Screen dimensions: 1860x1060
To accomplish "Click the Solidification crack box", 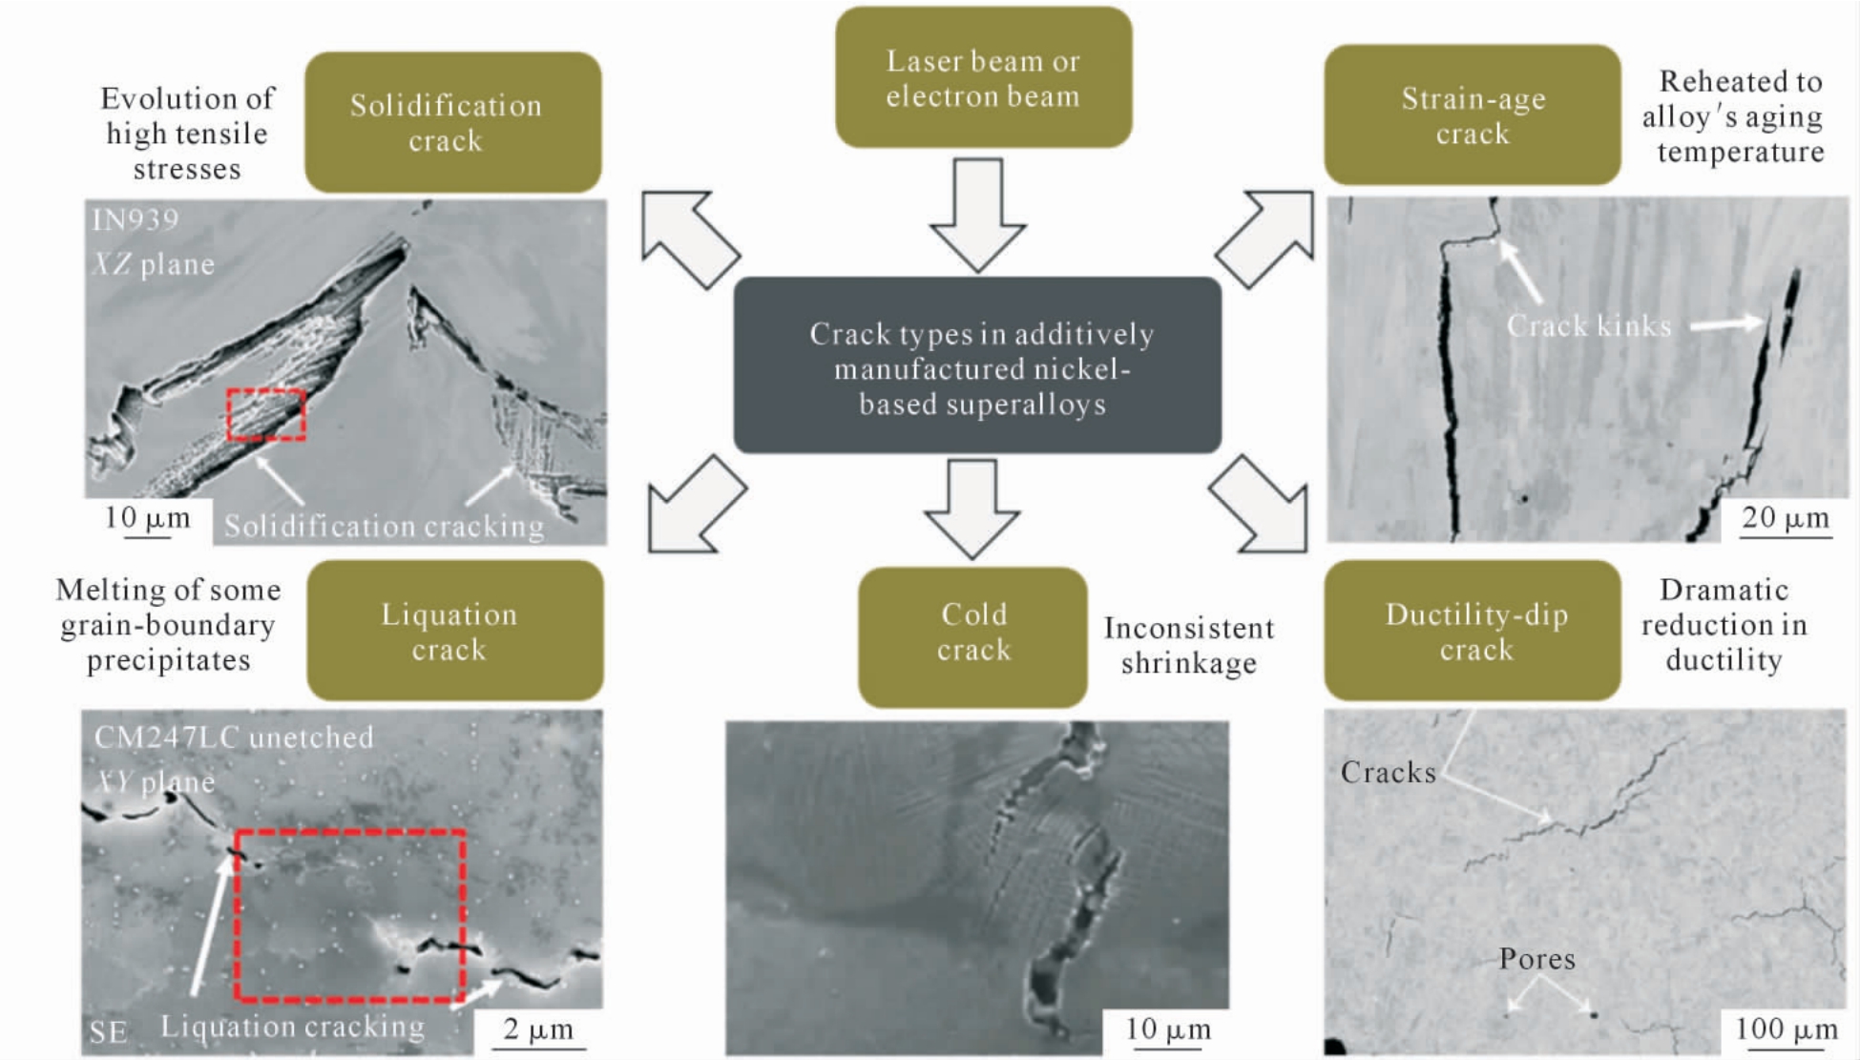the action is pyautogui.click(x=452, y=122).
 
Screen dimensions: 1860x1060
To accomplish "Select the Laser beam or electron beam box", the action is pyautogui.click(x=983, y=77).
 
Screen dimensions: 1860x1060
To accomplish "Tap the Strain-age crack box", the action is pyautogui.click(x=1472, y=114).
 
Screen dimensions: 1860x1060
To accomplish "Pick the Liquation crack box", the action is pyautogui.click(x=454, y=631).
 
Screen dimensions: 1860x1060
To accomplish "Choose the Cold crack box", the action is pyautogui.click(x=972, y=637).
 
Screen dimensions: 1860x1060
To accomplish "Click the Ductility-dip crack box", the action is pyautogui.click(x=1472, y=631).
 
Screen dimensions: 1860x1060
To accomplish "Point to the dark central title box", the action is pyautogui.click(x=977, y=365).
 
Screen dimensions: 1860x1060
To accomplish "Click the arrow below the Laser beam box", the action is pyautogui.click(x=978, y=216).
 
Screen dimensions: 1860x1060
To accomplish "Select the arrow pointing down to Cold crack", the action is pyautogui.click(x=972, y=509).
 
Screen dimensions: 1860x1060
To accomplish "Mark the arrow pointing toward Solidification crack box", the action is pyautogui.click(x=689, y=238).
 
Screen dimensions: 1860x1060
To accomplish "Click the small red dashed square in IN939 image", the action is pyautogui.click(x=266, y=414).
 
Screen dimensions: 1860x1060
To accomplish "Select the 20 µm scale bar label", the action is pyautogui.click(x=1786, y=517).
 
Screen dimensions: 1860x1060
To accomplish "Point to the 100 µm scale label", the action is pyautogui.click(x=1786, y=1029).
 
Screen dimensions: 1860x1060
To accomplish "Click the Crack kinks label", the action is pyautogui.click(x=1589, y=326).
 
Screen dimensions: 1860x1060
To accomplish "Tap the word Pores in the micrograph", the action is pyautogui.click(x=1536, y=959).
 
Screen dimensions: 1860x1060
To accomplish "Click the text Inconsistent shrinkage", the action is pyautogui.click(x=1189, y=645).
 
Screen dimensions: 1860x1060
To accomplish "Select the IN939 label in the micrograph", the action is pyautogui.click(x=135, y=220).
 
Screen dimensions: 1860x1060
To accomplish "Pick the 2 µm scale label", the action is pyautogui.click(x=538, y=1029).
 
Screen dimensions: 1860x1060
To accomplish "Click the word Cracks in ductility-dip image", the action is pyautogui.click(x=1389, y=772).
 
